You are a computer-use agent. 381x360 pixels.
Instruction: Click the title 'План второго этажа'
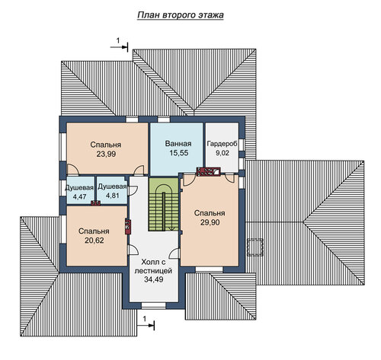pyautogui.click(x=181, y=15)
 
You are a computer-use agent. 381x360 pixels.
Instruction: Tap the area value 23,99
pyautogui.click(x=106, y=154)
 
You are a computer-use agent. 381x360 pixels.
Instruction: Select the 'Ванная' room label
pyautogui.click(x=178, y=144)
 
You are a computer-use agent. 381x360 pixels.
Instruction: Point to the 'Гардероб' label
pyautogui.click(x=223, y=144)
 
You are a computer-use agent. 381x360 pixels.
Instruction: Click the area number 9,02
pyautogui.click(x=223, y=153)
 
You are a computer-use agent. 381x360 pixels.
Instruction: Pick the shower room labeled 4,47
pyautogui.click(x=79, y=190)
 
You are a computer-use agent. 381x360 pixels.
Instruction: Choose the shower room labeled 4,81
pyautogui.click(x=112, y=190)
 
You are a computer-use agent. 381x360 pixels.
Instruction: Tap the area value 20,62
pyautogui.click(x=94, y=241)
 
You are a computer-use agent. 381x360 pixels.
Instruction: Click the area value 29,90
pyautogui.click(x=210, y=222)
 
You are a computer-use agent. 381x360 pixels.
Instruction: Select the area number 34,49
pyautogui.click(x=154, y=279)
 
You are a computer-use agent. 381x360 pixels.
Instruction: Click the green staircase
pyautogui.click(x=164, y=204)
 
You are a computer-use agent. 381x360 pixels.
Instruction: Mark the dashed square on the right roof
pyautogui.click(x=255, y=247)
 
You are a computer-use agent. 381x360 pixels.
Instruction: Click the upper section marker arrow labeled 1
pyautogui.click(x=119, y=47)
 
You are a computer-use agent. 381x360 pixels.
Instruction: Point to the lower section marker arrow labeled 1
pyautogui.click(x=146, y=325)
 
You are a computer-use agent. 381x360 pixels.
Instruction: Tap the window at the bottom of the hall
pyautogui.click(x=153, y=305)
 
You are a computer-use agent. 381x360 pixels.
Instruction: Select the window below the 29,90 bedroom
pyautogui.click(x=209, y=269)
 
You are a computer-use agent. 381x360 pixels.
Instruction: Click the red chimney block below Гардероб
pyautogui.click(x=208, y=172)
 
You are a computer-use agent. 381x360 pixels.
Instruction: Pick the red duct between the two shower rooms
pyautogui.click(x=96, y=203)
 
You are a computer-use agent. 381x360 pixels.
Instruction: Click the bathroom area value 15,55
pyautogui.click(x=179, y=153)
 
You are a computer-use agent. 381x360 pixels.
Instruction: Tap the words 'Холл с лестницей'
pyautogui.click(x=153, y=266)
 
